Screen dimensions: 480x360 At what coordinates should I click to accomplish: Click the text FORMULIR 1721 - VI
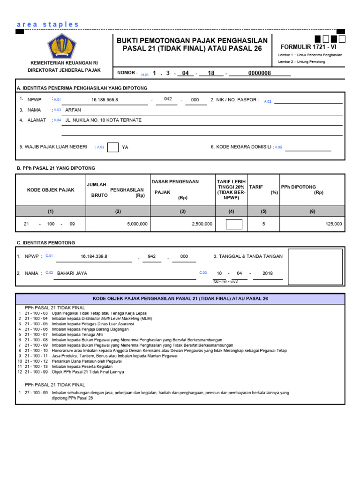tap(308, 47)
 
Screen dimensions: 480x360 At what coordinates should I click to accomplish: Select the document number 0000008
tap(259, 73)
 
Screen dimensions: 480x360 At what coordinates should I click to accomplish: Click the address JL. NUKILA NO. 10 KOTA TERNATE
tap(103, 120)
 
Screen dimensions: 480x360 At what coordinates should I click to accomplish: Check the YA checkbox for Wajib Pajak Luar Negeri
tap(113, 147)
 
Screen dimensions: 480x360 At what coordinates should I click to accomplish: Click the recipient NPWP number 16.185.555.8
tap(105, 100)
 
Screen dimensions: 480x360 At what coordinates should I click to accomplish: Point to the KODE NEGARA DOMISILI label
tap(241, 147)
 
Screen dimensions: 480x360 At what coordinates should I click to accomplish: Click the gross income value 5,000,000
tap(137, 224)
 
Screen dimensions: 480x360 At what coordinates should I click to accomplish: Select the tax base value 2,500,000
tap(202, 224)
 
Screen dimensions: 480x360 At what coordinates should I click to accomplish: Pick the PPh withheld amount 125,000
tap(334, 224)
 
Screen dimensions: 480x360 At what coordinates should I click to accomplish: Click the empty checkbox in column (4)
tap(234, 224)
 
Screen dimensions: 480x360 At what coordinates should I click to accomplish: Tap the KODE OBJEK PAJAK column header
tap(51, 190)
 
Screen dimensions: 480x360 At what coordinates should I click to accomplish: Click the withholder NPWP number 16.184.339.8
tap(94, 256)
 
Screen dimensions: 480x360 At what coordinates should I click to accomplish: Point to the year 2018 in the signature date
tap(268, 273)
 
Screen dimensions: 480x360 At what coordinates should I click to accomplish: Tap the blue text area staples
tap(48, 24)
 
